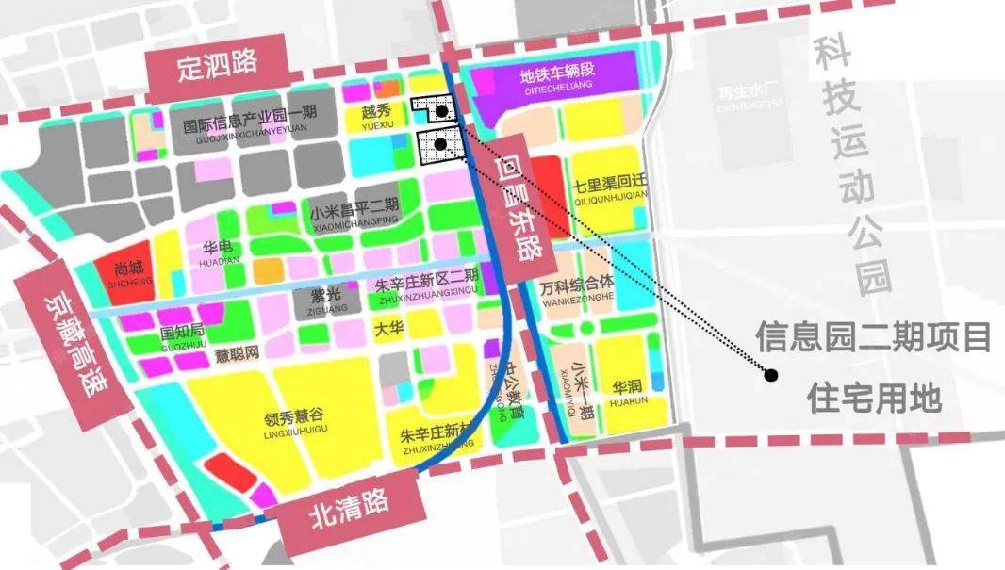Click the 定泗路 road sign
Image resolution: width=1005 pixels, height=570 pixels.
pyautogui.click(x=217, y=66)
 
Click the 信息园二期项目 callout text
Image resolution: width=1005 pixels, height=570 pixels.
pyautogui.click(x=873, y=336)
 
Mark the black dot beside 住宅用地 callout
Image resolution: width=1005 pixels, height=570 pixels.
pyautogui.click(x=771, y=375)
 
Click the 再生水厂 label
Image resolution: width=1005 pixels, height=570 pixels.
pyautogui.click(x=737, y=95)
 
